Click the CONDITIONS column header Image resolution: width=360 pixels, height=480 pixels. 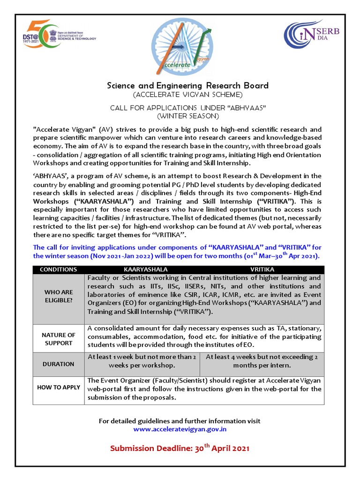point(58,270)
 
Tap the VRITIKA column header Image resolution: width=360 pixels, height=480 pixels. point(262,270)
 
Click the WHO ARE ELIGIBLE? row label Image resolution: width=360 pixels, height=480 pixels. point(58,296)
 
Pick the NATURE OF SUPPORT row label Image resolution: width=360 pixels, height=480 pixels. point(58,339)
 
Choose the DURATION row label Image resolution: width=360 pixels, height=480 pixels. point(58,364)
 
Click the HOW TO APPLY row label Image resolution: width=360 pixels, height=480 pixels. point(58,388)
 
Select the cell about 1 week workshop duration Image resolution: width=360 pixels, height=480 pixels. point(142,361)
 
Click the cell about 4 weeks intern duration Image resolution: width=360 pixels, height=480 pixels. point(262,361)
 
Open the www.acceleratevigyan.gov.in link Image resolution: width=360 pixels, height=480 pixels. point(180,429)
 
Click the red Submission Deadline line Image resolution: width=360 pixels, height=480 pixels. point(180,448)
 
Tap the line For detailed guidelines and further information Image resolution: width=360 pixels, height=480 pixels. point(180,421)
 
